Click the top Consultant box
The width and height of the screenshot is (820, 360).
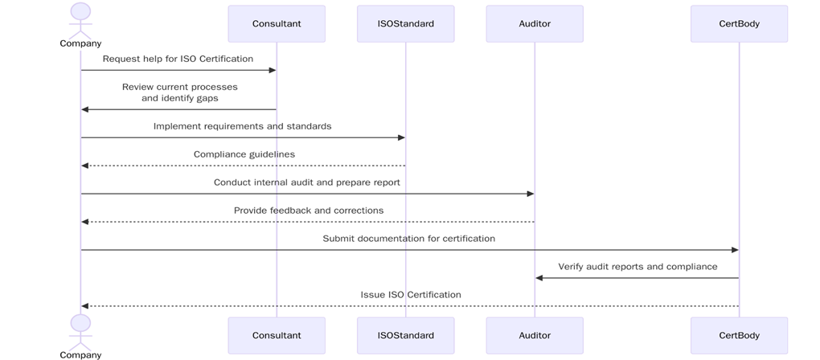pos(277,24)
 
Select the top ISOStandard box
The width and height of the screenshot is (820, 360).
pos(405,24)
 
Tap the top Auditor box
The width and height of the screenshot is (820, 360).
pos(535,24)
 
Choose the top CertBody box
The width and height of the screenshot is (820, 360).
pos(739,24)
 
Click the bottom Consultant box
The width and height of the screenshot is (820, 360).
pos(277,335)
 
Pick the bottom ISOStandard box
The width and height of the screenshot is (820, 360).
pos(405,335)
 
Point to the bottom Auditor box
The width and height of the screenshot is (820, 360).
pos(535,335)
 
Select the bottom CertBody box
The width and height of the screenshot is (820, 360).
pos(739,335)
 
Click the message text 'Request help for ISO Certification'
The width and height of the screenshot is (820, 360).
pos(178,59)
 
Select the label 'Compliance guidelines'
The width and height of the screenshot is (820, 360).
pos(244,154)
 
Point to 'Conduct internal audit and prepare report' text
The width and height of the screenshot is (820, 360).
pos(306,182)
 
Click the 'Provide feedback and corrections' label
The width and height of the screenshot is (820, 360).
pos(308,211)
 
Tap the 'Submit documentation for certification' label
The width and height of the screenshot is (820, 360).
pos(408,239)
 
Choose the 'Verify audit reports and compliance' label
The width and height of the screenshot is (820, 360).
pos(638,267)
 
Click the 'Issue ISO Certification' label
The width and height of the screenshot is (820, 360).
pos(410,295)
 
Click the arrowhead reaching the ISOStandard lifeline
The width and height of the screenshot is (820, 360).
pos(400,137)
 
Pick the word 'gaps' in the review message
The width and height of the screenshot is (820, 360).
pos(206,98)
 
